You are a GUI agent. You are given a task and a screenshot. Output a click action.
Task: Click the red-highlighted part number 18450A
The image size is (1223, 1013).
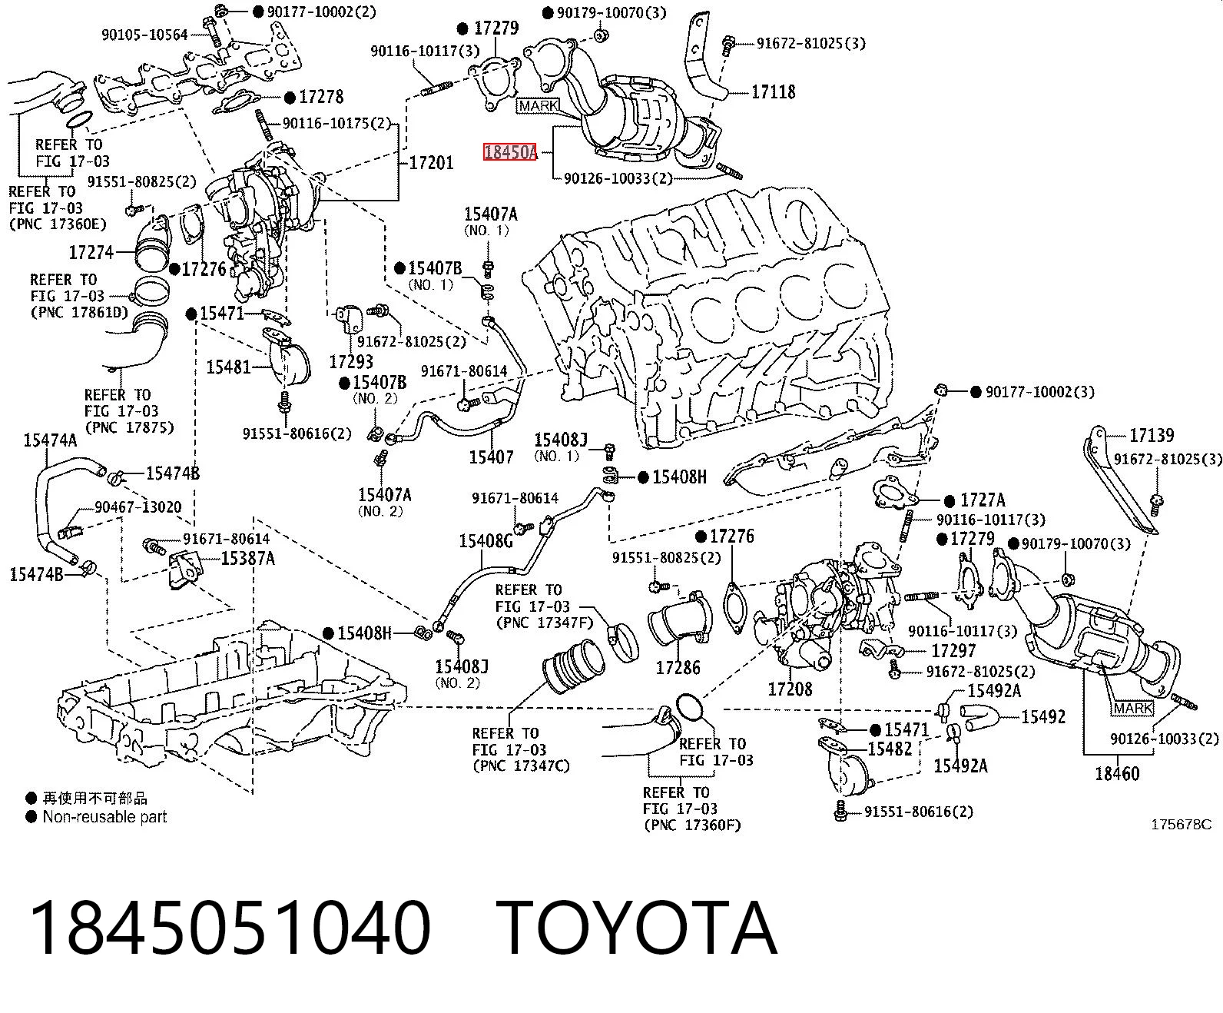509,152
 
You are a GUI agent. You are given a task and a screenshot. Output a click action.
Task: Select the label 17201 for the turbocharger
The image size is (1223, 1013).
431,162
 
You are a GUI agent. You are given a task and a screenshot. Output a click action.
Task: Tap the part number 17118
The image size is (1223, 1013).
773,92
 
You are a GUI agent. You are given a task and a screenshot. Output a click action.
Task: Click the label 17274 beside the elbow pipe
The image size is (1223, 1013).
91,252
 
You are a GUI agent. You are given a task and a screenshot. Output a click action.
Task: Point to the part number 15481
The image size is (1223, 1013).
228,367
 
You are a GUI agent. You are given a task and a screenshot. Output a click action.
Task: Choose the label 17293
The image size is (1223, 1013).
351,361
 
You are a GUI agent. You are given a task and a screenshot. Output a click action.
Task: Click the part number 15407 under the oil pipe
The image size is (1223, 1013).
492,457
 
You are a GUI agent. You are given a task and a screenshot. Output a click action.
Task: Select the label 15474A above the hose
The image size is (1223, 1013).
50,440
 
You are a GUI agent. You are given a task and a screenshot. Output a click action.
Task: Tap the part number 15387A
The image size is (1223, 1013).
248,558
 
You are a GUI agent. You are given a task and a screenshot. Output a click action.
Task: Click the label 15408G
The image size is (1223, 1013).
486,540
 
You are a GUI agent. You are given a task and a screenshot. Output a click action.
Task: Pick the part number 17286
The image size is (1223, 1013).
678,667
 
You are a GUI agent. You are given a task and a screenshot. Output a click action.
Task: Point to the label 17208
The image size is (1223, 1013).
790,689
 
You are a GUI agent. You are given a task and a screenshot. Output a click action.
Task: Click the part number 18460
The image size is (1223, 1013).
1118,774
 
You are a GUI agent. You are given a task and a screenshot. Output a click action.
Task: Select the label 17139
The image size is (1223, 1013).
1152,435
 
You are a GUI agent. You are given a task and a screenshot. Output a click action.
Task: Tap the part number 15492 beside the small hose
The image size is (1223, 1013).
1043,716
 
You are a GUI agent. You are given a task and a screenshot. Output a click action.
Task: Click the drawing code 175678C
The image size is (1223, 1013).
1181,825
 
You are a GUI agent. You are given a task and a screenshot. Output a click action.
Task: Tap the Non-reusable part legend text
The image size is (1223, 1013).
104,816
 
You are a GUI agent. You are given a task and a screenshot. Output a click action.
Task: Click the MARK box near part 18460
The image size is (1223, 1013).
1133,708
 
